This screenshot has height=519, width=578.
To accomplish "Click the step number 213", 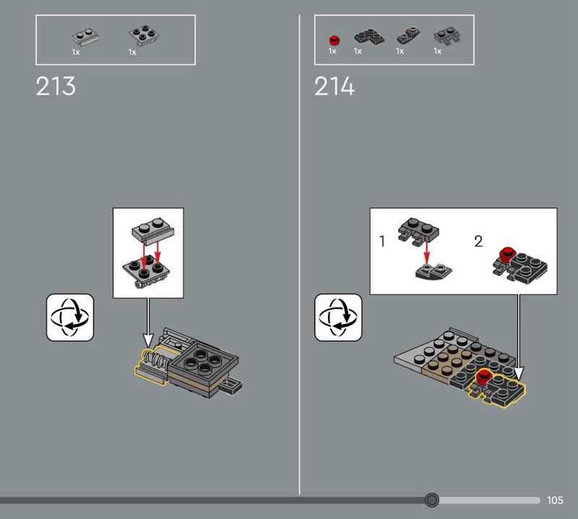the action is [56, 86].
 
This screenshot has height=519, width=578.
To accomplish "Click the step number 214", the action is [335, 86].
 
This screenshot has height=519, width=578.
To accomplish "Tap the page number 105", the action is [555, 500].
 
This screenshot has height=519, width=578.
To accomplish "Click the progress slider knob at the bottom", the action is [431, 500].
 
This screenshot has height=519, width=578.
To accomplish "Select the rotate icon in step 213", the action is [70, 317].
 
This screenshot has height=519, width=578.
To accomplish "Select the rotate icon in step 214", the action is [338, 317].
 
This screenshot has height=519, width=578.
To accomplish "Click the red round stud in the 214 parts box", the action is [334, 40].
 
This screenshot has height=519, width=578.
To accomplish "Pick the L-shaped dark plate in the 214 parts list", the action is [369, 38].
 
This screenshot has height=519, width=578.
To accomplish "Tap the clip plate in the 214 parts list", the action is [447, 35].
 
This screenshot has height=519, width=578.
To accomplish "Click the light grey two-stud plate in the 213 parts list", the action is [85, 38].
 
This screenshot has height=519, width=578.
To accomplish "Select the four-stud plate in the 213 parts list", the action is [144, 35].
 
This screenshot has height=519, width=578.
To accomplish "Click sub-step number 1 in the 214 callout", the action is [382, 241].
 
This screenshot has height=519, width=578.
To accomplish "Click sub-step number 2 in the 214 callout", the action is [478, 241].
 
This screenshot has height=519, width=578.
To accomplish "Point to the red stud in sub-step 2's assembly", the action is [506, 253].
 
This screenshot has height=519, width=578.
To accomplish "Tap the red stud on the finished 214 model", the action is [483, 377].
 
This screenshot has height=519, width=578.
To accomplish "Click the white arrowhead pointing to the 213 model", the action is [148, 340].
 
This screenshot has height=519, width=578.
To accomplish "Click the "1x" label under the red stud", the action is [332, 51].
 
